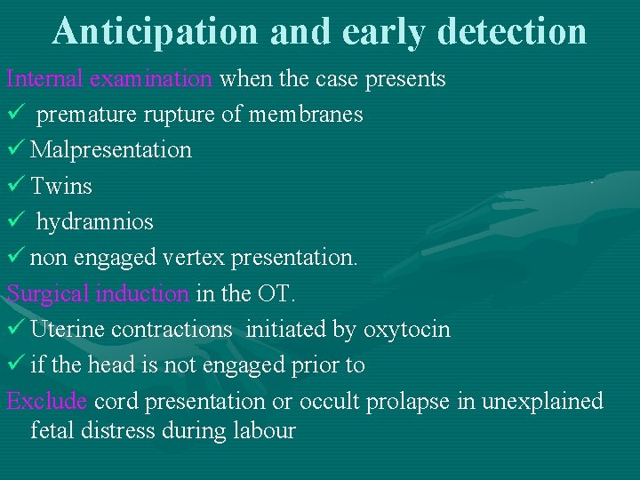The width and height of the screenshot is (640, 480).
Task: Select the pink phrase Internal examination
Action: (109, 78)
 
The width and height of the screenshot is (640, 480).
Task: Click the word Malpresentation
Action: (111, 149)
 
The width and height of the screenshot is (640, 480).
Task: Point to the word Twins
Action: (61, 186)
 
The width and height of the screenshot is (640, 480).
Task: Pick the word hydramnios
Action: (94, 221)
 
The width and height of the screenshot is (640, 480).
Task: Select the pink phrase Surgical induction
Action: (98, 293)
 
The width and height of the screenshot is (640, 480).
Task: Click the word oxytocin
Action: (406, 329)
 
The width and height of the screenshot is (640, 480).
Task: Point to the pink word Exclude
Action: (46, 401)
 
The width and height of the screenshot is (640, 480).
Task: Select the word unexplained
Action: (542, 401)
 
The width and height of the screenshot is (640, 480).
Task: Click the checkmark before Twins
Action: (15, 186)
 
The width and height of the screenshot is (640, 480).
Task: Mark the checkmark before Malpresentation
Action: (15, 149)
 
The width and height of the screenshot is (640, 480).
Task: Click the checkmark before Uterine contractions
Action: (15, 329)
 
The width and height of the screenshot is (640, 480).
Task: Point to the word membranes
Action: (306, 115)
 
